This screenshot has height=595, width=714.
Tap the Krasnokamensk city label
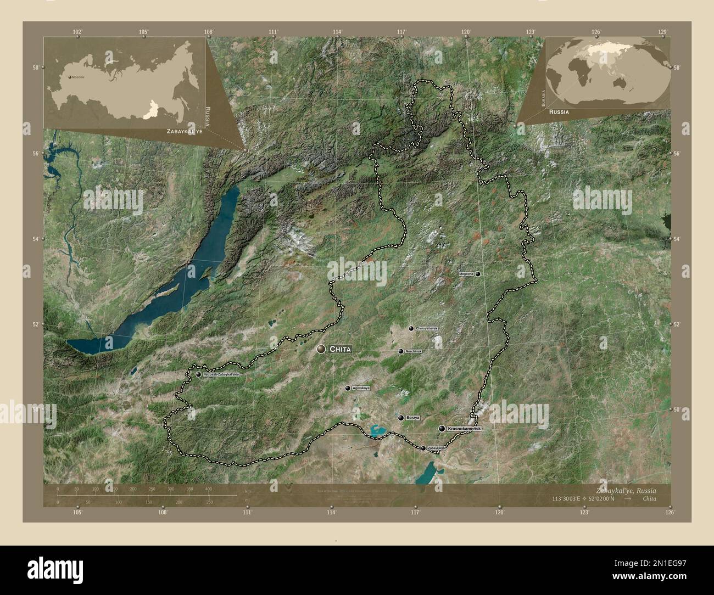pos(464,428)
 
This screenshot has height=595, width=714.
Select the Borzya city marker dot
pos(401,418)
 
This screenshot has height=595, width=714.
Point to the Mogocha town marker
pos(478,273)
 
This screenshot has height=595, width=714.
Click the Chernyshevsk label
pos(427,328)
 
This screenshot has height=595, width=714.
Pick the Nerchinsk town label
pos(412,351)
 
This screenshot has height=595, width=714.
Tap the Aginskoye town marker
pos(348,388)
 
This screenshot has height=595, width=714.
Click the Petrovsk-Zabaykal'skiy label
pos(221,374)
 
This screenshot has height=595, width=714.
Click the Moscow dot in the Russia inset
pos(70,77)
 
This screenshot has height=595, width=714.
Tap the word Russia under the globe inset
pos(558,111)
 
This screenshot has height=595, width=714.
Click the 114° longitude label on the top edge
pos(337,32)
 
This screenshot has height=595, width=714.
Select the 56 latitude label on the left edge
pos(35,153)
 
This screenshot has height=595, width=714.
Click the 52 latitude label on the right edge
pos(676,324)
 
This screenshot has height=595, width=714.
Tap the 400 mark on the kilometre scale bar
pos(208,488)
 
